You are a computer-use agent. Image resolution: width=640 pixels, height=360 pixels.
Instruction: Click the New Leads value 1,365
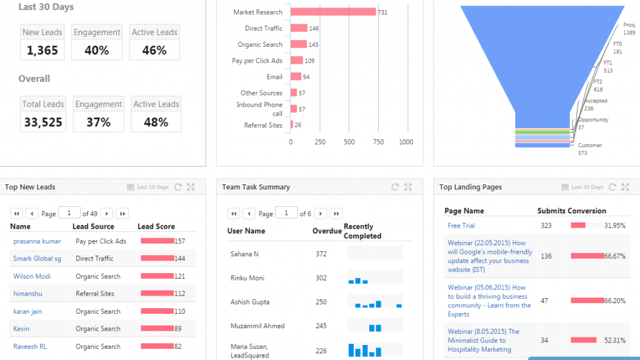(x=42, y=51)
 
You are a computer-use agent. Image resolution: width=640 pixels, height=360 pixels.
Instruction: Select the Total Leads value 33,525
(x=43, y=122)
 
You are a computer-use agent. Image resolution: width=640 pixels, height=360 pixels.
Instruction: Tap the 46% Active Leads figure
(x=154, y=51)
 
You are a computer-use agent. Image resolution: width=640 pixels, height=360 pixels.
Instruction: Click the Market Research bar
(x=333, y=12)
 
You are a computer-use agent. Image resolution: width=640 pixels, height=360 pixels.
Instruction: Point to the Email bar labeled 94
(x=296, y=77)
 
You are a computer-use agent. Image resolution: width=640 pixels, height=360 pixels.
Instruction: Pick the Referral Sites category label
(x=263, y=125)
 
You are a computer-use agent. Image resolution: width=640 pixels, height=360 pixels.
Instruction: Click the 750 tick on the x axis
(x=378, y=142)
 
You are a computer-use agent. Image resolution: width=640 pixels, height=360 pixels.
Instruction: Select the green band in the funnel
(x=542, y=132)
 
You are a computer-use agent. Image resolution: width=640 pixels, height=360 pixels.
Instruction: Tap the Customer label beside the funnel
(x=590, y=146)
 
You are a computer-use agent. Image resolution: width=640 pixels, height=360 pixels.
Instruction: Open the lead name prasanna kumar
(x=37, y=241)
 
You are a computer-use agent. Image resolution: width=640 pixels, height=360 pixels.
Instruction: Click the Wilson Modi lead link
(x=32, y=276)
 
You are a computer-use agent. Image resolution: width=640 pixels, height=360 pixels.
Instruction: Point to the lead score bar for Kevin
(x=157, y=329)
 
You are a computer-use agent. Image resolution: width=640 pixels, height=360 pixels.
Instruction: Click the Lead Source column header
(x=93, y=227)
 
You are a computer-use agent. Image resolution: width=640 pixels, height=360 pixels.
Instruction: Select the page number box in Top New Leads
(x=69, y=213)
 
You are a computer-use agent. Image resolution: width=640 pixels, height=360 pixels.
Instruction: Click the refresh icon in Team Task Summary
(x=395, y=187)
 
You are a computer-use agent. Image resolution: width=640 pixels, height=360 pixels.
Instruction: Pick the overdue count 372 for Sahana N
(x=321, y=254)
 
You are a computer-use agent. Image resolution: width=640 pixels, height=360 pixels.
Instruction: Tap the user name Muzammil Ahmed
(x=257, y=326)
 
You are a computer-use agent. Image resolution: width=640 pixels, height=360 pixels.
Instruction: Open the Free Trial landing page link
(x=461, y=226)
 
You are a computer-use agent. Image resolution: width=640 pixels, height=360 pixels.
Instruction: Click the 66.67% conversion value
(x=614, y=256)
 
